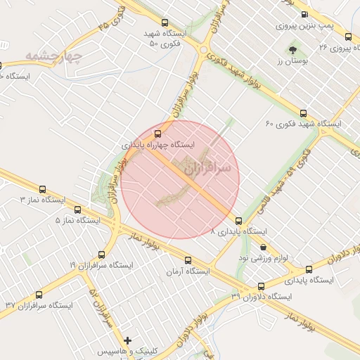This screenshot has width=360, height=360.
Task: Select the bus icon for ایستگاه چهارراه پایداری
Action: pyautogui.click(x=157, y=132)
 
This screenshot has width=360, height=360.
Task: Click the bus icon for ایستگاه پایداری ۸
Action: pyautogui.click(x=239, y=221)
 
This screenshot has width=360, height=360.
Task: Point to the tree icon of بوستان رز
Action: pyautogui.click(x=292, y=50)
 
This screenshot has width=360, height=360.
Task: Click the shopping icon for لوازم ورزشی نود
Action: pyautogui.click(x=264, y=247)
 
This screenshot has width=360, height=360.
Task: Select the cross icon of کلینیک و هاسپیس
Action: pyautogui.click(x=127, y=340)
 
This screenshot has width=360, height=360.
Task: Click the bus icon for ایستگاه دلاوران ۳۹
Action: pyautogui.click(x=262, y=286)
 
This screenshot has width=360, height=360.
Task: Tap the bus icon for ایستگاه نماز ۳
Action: pyautogui.click(x=43, y=189)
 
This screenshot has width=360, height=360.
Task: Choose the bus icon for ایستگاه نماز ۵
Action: pyautogui.click(x=77, y=209)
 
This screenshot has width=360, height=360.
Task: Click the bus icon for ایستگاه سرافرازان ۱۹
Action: pyautogui.click(x=102, y=255)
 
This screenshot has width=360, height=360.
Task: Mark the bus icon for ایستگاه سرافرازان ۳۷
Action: pyautogui.click(x=39, y=295)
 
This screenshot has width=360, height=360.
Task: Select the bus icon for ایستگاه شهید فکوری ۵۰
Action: pyautogui.click(x=165, y=22)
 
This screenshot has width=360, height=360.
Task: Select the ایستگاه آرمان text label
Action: pyautogui.click(x=188, y=271)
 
